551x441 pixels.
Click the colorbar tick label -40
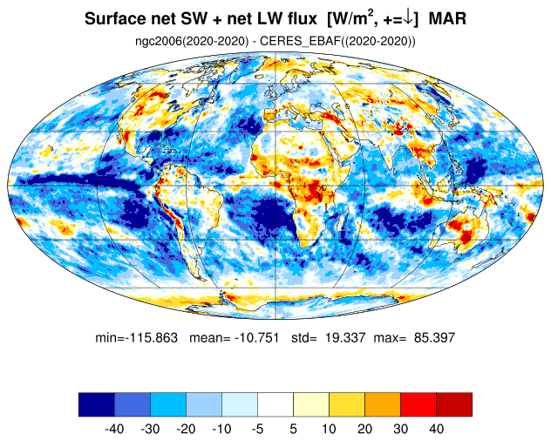(x=114, y=429)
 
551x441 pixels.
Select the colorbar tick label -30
(x=150, y=429)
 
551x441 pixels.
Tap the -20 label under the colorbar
(x=186, y=429)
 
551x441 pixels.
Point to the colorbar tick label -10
(x=221, y=429)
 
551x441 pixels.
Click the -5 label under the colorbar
(x=257, y=429)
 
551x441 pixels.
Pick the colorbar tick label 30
(x=400, y=429)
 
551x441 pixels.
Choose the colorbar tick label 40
(x=437, y=429)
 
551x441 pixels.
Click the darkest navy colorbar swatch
(x=97, y=404)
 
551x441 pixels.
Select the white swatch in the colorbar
(x=275, y=404)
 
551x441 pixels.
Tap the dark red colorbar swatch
(x=454, y=404)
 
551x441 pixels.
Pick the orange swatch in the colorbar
(x=383, y=404)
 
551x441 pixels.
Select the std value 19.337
(x=345, y=338)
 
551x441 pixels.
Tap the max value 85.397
(x=435, y=338)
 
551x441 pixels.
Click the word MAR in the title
(x=447, y=18)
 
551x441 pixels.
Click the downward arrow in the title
(x=408, y=18)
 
